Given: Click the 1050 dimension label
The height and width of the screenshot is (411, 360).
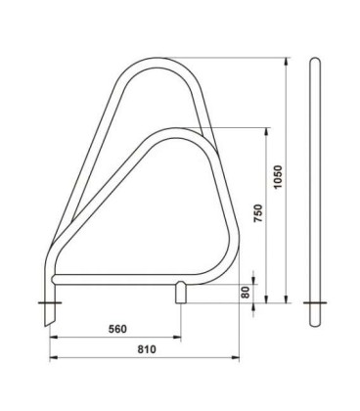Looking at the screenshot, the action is click(278, 177).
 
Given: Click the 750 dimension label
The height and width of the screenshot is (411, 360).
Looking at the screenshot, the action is click(258, 213).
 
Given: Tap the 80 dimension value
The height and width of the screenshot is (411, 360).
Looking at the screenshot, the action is click(246, 292).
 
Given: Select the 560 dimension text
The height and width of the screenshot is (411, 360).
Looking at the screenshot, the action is click(117, 329).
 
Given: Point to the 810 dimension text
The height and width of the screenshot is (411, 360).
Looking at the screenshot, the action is click(147, 349).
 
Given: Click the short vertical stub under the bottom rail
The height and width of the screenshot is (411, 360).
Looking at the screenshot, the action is click(181, 293).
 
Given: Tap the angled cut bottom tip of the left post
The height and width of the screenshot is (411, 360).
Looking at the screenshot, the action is click(46, 325).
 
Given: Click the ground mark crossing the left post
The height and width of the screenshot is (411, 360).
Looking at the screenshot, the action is click(50, 303).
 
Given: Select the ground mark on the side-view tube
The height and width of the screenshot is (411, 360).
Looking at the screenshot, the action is click(315, 303).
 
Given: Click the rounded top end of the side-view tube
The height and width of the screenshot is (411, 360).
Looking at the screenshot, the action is click(315, 60).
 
